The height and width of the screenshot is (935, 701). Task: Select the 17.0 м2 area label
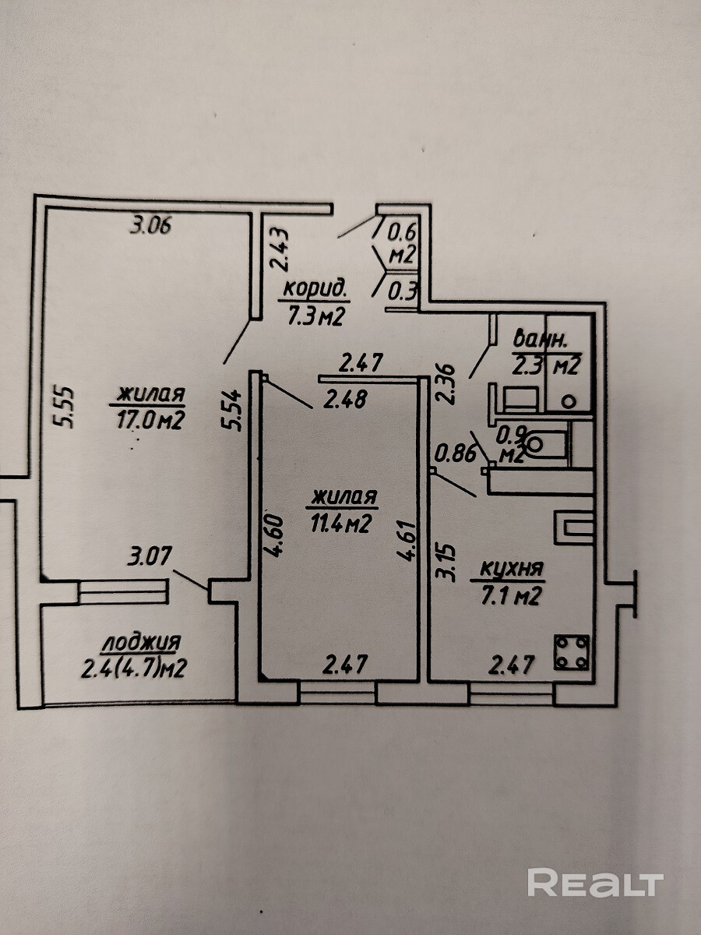click(150, 422)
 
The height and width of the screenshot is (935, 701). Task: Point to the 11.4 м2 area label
click(340, 524)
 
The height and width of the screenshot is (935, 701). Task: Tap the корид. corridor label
click(315, 290)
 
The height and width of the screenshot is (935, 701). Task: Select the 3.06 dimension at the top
click(150, 225)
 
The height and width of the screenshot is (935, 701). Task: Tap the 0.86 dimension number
click(455, 454)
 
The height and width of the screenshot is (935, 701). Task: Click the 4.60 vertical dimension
click(273, 536)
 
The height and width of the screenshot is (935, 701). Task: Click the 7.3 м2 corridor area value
click(315, 316)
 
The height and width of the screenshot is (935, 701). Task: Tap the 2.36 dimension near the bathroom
click(446, 383)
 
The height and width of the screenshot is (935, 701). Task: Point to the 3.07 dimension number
click(150, 556)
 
